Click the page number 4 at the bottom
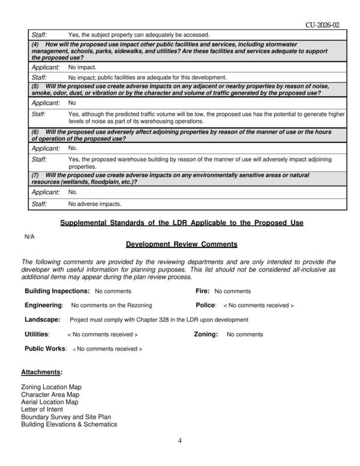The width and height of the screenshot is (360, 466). (x=180, y=441)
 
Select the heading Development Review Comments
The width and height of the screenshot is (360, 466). (x=182, y=244)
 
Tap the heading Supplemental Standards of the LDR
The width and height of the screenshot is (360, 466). (x=182, y=223)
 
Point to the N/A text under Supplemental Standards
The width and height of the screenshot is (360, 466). (x=29, y=237)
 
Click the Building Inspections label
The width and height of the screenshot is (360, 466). (x=57, y=291)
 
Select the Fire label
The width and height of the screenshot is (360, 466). (x=202, y=291)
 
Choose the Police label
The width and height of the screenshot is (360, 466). (x=205, y=306)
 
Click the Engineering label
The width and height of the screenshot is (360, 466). (x=44, y=306)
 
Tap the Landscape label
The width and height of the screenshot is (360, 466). (x=42, y=319)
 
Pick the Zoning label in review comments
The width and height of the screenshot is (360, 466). (x=205, y=334)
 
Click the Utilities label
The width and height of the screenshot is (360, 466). (x=37, y=334)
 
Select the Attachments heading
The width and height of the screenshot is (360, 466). (x=41, y=372)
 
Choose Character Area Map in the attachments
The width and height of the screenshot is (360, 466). (x=50, y=395)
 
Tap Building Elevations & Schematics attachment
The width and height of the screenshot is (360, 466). (x=69, y=424)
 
